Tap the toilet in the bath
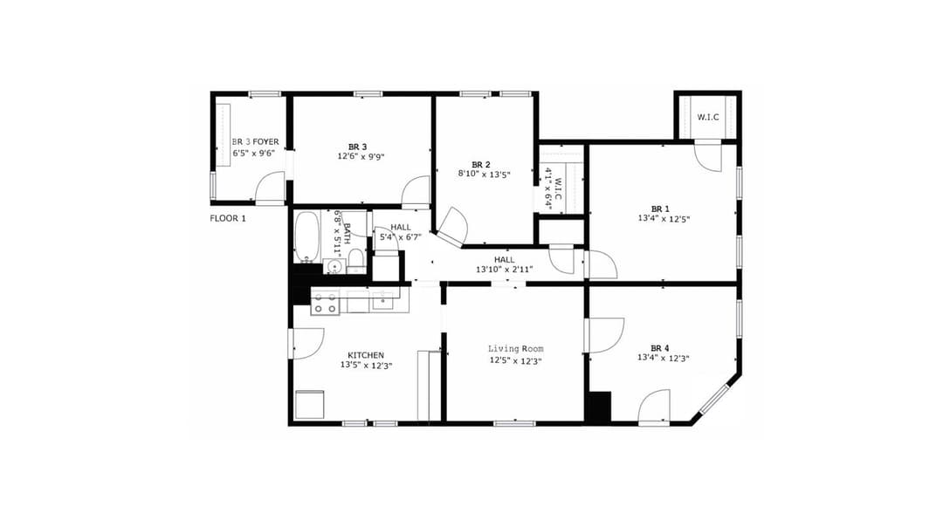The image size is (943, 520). click(x=355, y=258)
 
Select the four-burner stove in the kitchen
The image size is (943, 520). click(x=326, y=303)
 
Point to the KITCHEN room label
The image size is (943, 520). click(x=366, y=355)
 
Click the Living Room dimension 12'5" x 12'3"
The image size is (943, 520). click(x=514, y=361)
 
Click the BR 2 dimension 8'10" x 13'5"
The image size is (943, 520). click(x=484, y=174)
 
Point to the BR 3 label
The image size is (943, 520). click(x=357, y=146)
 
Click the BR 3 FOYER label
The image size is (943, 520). click(x=255, y=141)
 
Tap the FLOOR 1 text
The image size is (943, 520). click(x=228, y=218)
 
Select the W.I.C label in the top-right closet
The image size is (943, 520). click(x=707, y=117)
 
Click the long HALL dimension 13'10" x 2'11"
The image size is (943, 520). click(x=504, y=270)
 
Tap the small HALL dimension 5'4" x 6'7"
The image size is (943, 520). click(x=401, y=237)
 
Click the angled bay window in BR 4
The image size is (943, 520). click(x=713, y=399)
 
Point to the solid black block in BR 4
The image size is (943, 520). click(x=600, y=407)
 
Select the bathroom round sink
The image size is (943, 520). click(x=335, y=266)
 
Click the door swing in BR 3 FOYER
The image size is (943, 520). click(x=272, y=187)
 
